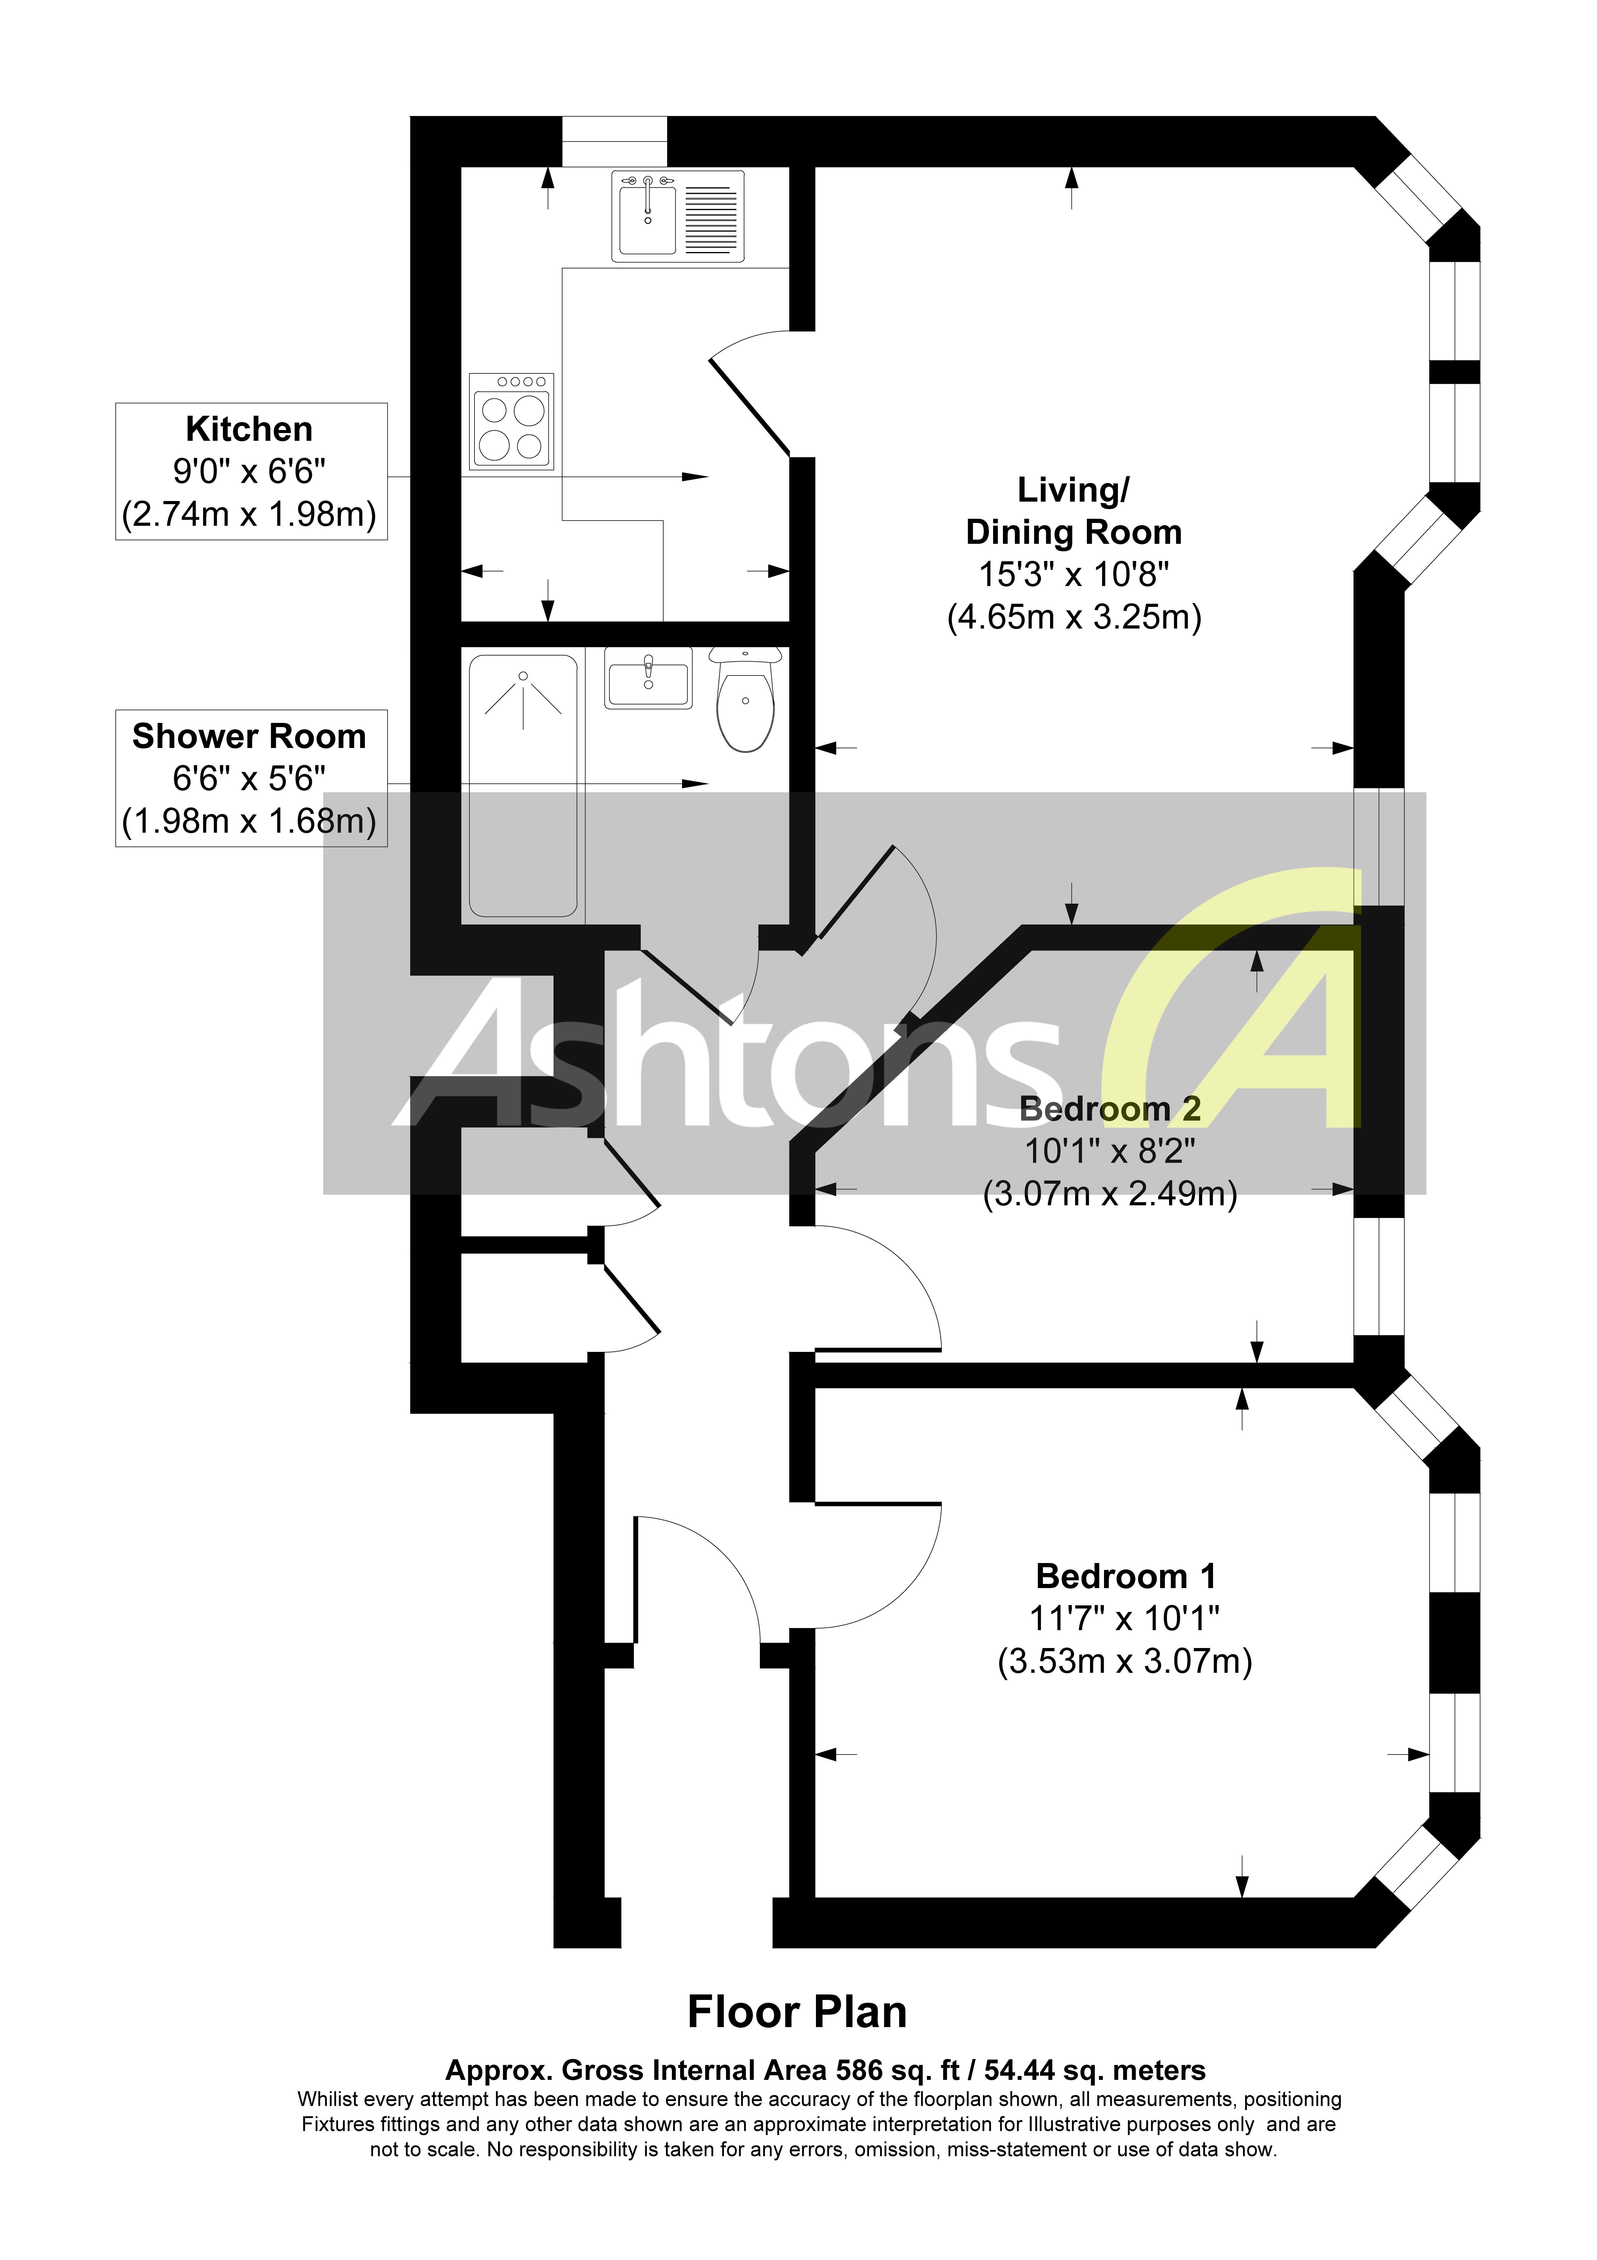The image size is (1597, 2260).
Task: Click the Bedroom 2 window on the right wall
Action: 1378,1276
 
